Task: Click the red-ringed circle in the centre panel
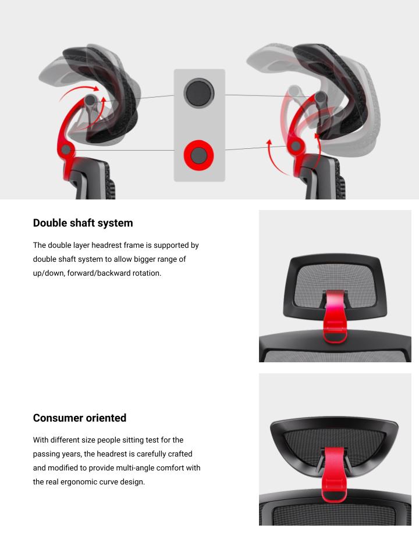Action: click(x=199, y=155)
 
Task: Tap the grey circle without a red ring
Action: click(x=199, y=93)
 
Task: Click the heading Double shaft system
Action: click(x=83, y=223)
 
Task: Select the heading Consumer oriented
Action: click(x=80, y=418)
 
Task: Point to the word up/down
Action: click(x=49, y=273)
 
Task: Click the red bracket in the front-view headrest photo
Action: click(x=335, y=316)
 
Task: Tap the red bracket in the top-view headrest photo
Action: click(x=334, y=475)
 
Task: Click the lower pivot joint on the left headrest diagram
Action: click(x=66, y=149)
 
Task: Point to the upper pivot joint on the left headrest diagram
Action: click(x=90, y=100)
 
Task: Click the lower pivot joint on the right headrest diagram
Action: click(x=296, y=147)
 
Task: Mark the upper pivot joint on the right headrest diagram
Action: click(x=320, y=97)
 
